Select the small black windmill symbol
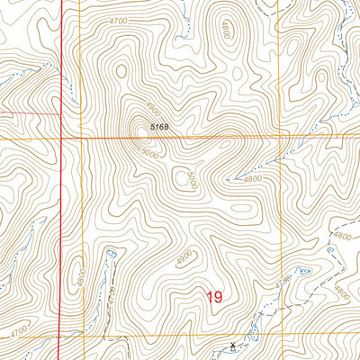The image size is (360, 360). pos(233,345)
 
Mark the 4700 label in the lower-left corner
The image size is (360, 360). pos(18,332)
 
